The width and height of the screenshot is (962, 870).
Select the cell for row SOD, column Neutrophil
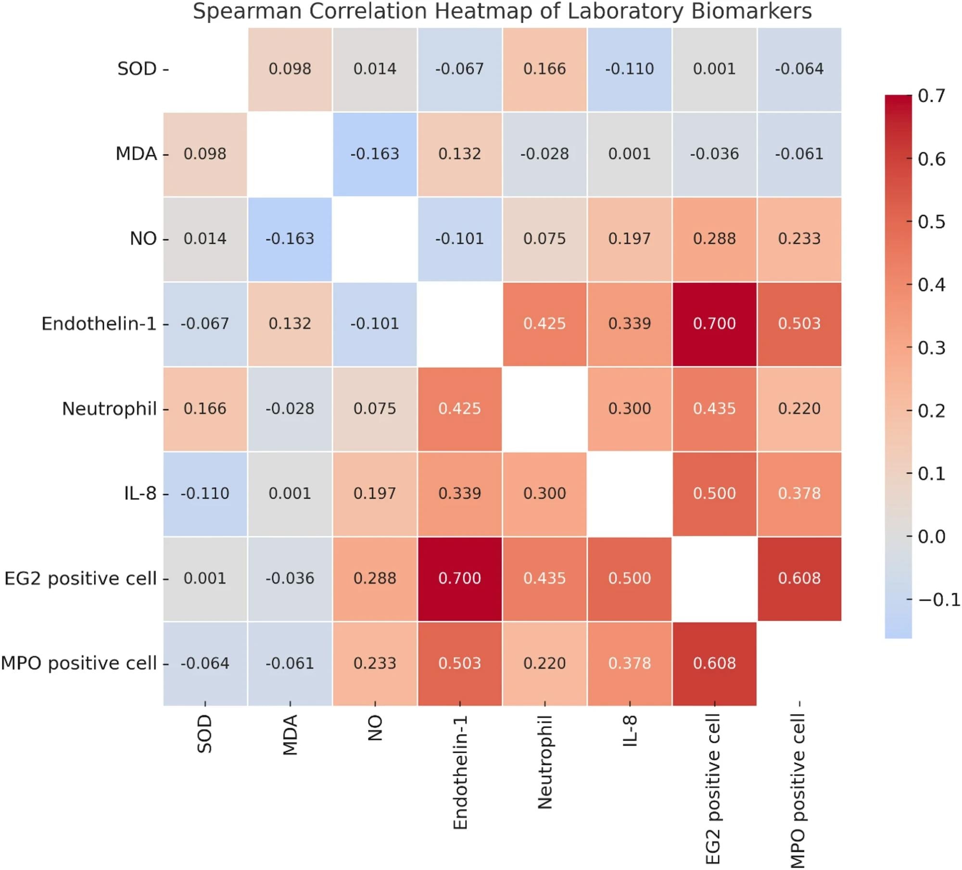[x=544, y=69]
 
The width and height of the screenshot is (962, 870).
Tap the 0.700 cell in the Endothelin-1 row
[x=714, y=324]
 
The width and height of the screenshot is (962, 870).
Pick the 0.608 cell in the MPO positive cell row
[x=714, y=664]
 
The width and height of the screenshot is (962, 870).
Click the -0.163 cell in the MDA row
[x=375, y=154]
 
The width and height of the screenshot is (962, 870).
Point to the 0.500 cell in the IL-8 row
[x=714, y=494]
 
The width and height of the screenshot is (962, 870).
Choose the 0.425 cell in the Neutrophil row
[x=459, y=409]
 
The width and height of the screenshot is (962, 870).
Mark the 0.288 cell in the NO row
[x=714, y=239]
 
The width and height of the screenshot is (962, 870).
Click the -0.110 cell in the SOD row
[x=629, y=69]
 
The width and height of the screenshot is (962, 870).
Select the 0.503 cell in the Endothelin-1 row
[x=799, y=324]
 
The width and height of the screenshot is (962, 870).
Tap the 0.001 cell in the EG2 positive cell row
[x=205, y=579]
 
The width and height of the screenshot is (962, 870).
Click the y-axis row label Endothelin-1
[x=99, y=324]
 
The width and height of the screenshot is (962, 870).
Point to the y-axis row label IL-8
[x=140, y=493]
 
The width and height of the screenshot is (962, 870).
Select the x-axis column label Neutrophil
[x=544, y=762]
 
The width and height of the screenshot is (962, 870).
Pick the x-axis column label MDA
[x=290, y=735]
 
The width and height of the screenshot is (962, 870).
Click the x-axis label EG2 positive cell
[x=714, y=789]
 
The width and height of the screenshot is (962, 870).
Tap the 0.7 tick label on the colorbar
[x=931, y=96]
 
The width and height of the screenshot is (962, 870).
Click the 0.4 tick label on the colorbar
[x=931, y=285]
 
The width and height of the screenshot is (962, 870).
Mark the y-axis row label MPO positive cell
[x=79, y=664]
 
